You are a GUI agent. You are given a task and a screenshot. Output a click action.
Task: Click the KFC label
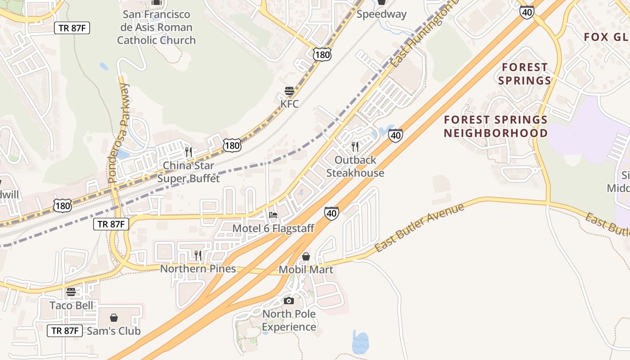(289, 104)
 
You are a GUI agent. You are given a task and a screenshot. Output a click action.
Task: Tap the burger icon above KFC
(289, 91)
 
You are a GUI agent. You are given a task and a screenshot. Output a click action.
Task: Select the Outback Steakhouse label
(355, 166)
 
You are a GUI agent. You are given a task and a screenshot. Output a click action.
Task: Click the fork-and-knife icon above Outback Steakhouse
(355, 147)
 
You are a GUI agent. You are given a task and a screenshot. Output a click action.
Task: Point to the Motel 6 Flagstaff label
(273, 229)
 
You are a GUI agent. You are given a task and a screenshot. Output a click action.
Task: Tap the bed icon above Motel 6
(273, 215)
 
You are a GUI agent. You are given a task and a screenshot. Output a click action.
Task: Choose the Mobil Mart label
(306, 270)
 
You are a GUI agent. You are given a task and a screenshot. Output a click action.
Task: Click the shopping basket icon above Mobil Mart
(306, 256)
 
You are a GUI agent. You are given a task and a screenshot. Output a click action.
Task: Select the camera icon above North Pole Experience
(289, 301)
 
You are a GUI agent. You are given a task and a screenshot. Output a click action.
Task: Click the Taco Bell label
(72, 306)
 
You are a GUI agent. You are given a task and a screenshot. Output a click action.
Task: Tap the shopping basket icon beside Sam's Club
(114, 318)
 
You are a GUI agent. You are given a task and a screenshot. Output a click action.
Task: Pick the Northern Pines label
(198, 269)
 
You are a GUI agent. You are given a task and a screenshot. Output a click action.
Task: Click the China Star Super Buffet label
(188, 172)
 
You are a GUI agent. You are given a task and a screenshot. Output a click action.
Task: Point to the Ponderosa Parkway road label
(119, 133)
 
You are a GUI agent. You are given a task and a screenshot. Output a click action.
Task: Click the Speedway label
(381, 14)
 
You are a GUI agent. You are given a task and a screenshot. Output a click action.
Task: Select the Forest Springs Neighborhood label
(495, 126)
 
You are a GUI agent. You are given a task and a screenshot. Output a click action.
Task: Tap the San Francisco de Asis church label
(157, 27)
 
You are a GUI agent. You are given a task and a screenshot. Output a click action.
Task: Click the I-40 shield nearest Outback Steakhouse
(395, 135)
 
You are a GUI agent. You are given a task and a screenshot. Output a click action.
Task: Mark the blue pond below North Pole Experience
(360, 342)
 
